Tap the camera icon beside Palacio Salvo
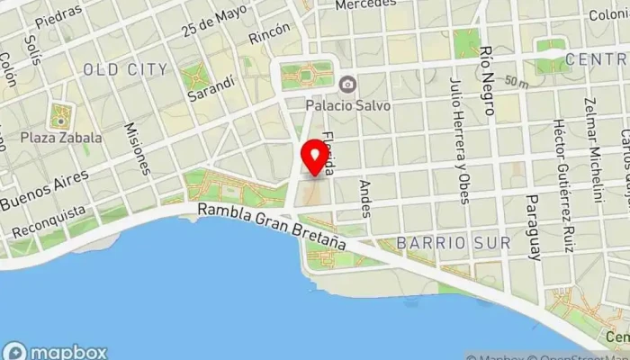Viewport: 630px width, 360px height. [347, 85]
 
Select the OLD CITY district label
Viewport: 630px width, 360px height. [125, 69]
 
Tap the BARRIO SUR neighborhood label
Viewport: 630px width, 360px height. [454, 243]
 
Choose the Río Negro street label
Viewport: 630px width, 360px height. [487, 81]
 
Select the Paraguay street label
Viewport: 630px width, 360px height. [534, 226]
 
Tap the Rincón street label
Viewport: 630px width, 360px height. [270, 33]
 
